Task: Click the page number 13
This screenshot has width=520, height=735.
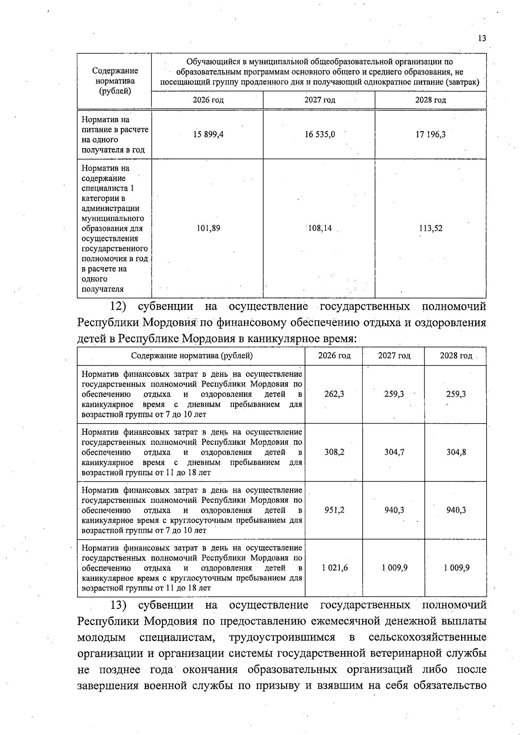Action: pyautogui.click(x=482, y=39)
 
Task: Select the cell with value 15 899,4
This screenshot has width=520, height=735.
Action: pyautogui.click(x=208, y=135)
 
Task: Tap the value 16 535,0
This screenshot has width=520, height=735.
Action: pyautogui.click(x=319, y=135)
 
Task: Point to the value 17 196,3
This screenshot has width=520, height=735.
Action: pyautogui.click(x=430, y=135)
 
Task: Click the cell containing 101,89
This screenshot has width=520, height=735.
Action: pyautogui.click(x=208, y=228)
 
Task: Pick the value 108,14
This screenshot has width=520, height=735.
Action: pyautogui.click(x=319, y=228)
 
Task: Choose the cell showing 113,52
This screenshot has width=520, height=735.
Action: pyautogui.click(x=430, y=228)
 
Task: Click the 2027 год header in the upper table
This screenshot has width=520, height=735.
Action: pyautogui.click(x=319, y=100)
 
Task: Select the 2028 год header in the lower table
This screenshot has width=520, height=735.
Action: pyautogui.click(x=456, y=356)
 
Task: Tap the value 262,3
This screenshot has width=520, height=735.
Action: pyautogui.click(x=334, y=394)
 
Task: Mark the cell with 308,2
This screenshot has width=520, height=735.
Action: pyautogui.click(x=334, y=452)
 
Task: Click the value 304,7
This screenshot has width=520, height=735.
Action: pyautogui.click(x=394, y=452)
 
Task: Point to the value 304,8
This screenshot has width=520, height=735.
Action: pyautogui.click(x=456, y=452)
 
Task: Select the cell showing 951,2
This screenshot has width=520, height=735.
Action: pyautogui.click(x=334, y=510)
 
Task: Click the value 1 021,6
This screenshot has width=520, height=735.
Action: pyautogui.click(x=334, y=568)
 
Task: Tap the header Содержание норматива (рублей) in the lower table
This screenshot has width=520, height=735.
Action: pyautogui.click(x=192, y=356)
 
